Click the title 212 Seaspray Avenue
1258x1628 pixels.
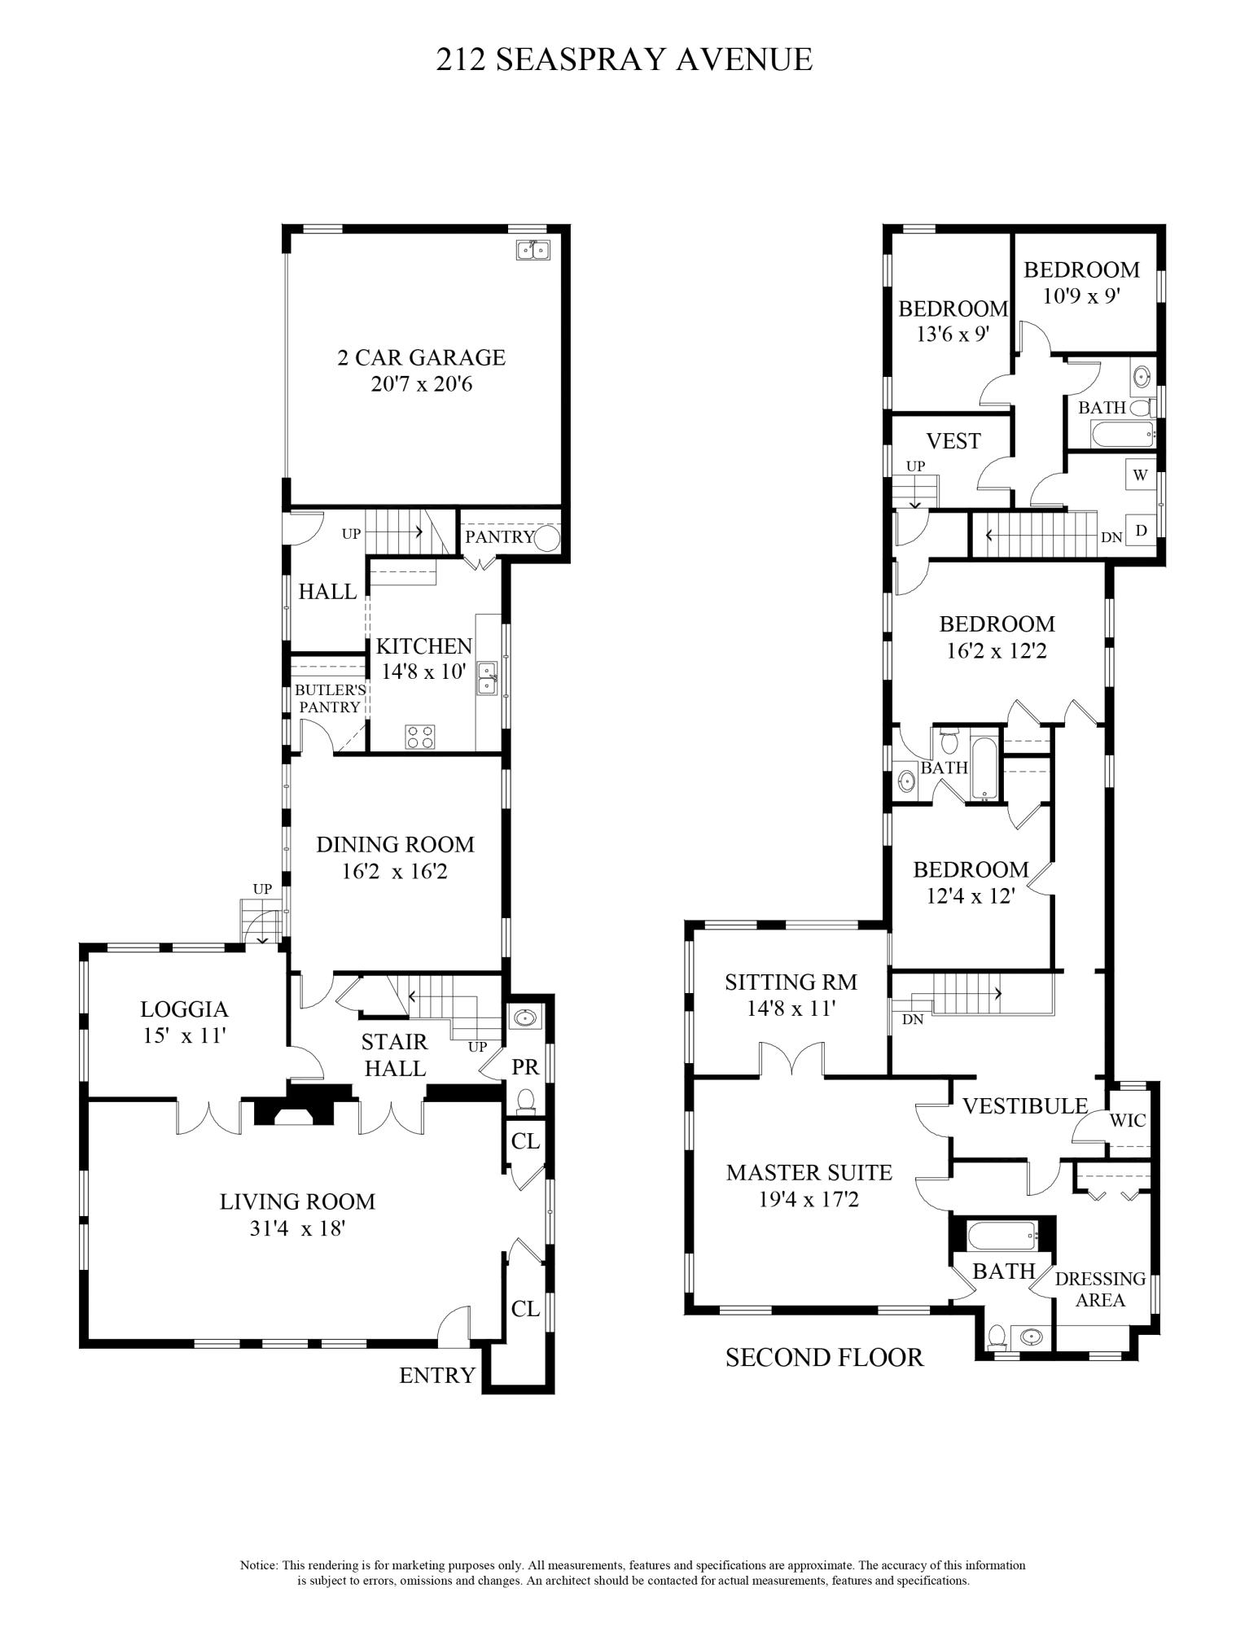coord(624,59)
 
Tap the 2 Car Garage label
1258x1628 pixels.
coord(421,357)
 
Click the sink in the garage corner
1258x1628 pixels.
coord(533,250)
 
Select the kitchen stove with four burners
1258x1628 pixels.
coord(420,737)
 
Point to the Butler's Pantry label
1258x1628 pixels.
coord(329,698)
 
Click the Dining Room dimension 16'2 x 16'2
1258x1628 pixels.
coord(395,872)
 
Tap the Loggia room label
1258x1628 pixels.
coord(184,1009)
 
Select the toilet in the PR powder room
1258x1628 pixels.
coord(526,1100)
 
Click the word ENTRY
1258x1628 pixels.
coord(437,1375)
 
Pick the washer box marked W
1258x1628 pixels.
coord(1140,475)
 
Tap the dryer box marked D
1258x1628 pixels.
coord(1141,530)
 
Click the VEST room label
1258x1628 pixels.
coord(953,441)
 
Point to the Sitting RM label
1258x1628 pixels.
coord(791,982)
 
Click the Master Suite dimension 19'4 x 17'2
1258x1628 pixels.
coord(793,1199)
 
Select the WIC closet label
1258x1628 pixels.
coord(1128,1121)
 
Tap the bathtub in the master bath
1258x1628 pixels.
coord(1002,1236)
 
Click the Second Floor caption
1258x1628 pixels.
coord(824,1357)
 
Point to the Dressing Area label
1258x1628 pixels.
coord(1100,1289)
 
